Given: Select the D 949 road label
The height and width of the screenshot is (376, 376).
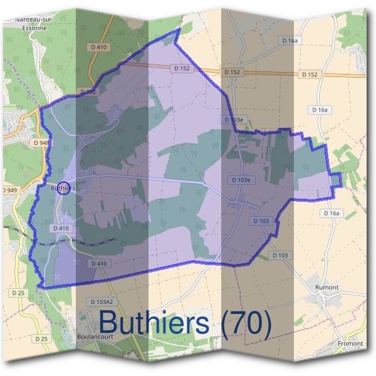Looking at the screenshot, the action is coord(9,190).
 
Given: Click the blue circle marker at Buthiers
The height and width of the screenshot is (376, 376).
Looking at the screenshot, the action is coord(63,187).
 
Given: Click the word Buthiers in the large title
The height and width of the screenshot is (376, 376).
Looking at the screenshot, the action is coord(153,323).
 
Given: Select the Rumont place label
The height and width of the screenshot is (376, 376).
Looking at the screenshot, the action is coord(327,288).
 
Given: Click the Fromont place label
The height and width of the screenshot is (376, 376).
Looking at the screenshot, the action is coord(350,343).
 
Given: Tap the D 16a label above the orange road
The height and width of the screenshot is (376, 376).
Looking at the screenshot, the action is coord(289,40).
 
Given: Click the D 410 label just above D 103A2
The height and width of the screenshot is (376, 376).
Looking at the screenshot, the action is coord(99,264).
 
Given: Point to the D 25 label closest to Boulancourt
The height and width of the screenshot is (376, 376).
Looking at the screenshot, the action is coord(41,339).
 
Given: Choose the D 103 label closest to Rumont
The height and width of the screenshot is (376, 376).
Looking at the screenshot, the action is coord(280,255).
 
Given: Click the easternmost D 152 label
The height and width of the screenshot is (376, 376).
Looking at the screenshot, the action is coord(310,75).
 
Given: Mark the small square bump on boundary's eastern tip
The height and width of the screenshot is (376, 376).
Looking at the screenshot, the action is coord(337,179).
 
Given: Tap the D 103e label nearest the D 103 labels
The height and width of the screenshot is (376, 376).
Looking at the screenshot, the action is coord(241,180).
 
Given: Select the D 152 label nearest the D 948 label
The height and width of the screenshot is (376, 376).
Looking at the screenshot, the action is coord(88,92).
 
